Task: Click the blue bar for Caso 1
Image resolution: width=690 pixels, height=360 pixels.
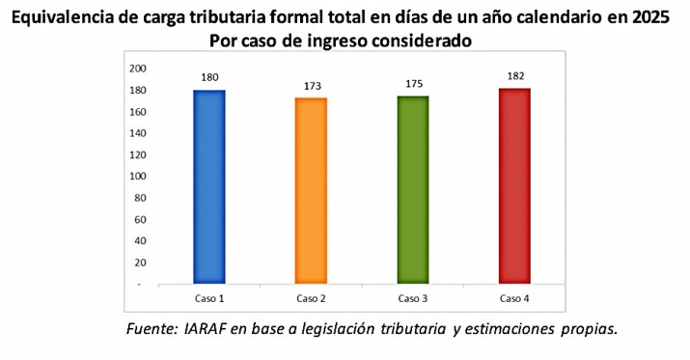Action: click(208, 186)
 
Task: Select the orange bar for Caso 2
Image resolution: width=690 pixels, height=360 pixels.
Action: click(311, 191)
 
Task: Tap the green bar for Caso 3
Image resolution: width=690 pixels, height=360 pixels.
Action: click(412, 189)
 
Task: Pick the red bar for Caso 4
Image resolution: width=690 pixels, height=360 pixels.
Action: click(514, 185)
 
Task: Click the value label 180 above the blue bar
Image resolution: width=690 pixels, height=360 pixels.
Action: click(208, 75)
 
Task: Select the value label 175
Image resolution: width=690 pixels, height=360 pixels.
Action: click(412, 84)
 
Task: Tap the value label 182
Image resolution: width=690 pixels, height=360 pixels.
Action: click(514, 75)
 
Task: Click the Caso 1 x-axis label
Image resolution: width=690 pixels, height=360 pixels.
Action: click(208, 297)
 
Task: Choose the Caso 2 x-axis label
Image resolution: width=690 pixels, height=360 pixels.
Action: click(311, 297)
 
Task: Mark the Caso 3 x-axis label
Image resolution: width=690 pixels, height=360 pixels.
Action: click(412, 297)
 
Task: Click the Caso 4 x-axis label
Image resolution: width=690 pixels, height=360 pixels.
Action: click(514, 297)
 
